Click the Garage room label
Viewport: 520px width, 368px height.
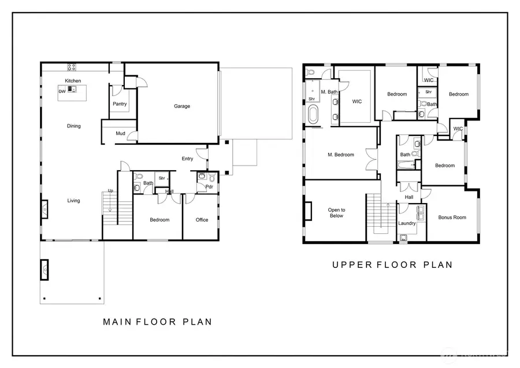182,106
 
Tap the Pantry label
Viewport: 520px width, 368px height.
120,104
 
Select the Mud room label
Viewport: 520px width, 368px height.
120,134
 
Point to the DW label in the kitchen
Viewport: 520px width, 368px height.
61,91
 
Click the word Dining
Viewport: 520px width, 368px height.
73,126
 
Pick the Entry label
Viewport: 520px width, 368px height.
187,159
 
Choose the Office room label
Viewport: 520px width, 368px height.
202,220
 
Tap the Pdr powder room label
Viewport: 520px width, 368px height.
209,187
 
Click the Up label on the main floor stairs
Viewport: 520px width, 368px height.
110,191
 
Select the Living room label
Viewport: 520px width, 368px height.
73,201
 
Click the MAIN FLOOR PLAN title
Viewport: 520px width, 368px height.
157,322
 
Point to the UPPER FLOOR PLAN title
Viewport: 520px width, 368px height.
392,265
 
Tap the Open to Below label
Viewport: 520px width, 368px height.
336,213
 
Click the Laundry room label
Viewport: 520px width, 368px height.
407,223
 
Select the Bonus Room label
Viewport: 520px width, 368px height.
452,218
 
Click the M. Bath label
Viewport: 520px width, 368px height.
329,92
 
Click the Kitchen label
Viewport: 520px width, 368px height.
73,80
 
